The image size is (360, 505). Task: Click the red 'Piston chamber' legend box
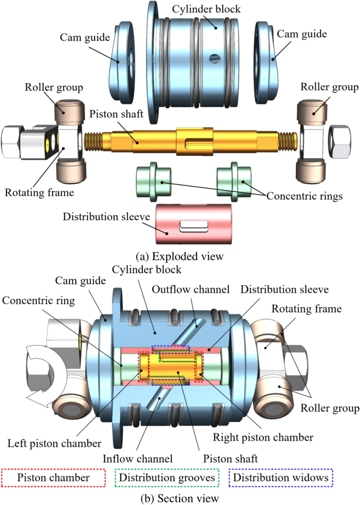click(54, 478)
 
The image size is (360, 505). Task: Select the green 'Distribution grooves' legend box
click(167, 478)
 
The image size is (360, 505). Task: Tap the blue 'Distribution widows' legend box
click(281, 478)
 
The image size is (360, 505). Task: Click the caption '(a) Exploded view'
click(179, 256)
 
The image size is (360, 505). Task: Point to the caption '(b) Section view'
click(180, 498)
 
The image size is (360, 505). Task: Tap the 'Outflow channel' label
click(191, 289)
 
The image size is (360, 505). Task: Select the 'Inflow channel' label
click(138, 458)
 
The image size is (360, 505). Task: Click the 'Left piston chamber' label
click(54, 444)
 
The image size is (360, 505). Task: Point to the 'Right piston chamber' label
click(263, 437)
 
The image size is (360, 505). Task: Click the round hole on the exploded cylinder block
click(214, 58)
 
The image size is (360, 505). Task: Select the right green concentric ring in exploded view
click(234, 182)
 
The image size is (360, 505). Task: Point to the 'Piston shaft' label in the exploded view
click(116, 114)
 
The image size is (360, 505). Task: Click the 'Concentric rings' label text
click(304, 196)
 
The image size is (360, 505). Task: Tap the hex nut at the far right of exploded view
click(340, 142)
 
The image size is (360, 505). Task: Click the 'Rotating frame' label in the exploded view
click(39, 192)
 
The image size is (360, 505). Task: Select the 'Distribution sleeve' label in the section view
click(284, 289)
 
